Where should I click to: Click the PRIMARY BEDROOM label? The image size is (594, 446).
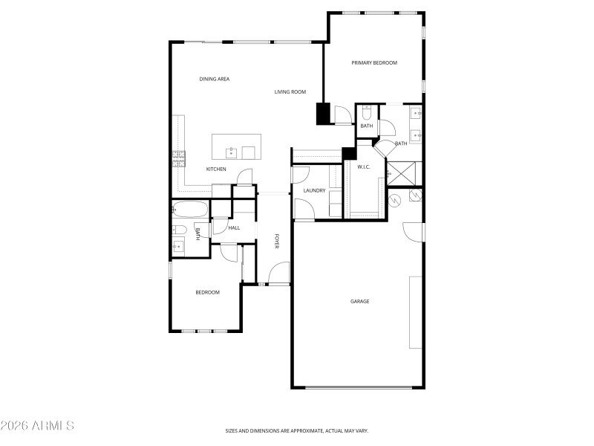pyautogui.click(x=374, y=63)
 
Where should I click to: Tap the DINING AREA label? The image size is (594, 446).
pyautogui.click(x=214, y=79)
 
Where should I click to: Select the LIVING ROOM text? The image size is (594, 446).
pyautogui.click(x=290, y=92)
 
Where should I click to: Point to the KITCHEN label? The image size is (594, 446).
pyautogui.click(x=216, y=169)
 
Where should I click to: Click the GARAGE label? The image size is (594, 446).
pyautogui.click(x=360, y=301)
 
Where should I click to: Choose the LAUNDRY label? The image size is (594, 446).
pyautogui.click(x=314, y=191)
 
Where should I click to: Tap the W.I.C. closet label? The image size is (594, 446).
pyautogui.click(x=364, y=167)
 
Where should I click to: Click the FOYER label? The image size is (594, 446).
pyautogui.click(x=276, y=241)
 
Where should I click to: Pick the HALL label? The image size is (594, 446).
pyautogui.click(x=234, y=228)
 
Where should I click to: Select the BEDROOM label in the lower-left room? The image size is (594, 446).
pyautogui.click(x=207, y=292)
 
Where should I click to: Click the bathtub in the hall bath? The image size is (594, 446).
pyautogui.click(x=191, y=209)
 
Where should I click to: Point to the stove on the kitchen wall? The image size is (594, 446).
pyautogui.click(x=179, y=158)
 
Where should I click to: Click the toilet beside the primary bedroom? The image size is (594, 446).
pyautogui.click(x=367, y=113)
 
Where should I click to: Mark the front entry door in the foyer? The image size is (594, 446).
pyautogui.click(x=279, y=274)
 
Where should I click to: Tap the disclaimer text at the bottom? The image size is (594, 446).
pyautogui.click(x=297, y=430)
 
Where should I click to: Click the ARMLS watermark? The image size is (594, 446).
pyautogui.click(x=37, y=426)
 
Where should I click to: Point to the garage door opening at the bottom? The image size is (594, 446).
pyautogui.click(x=359, y=387)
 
